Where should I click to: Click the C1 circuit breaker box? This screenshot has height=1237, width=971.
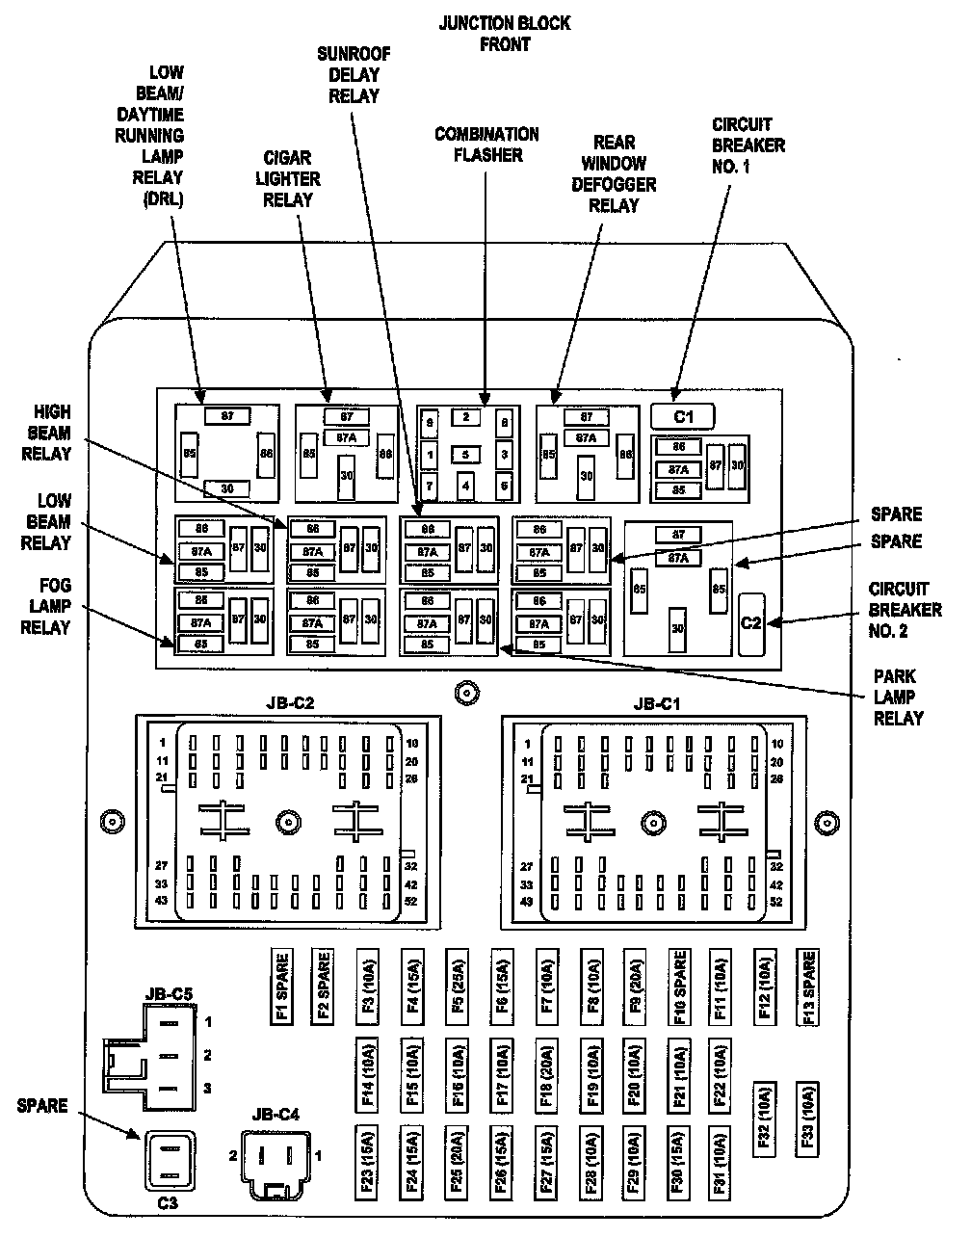[x=683, y=416]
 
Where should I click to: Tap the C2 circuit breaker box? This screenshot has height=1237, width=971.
[x=750, y=622]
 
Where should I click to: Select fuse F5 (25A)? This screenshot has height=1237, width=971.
[x=457, y=987]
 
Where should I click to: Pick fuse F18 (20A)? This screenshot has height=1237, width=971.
[x=545, y=1072]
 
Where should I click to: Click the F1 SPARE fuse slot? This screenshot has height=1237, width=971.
[x=282, y=987]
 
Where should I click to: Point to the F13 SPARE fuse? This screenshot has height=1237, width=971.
[x=808, y=987]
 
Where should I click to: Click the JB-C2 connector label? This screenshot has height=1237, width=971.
[x=289, y=703]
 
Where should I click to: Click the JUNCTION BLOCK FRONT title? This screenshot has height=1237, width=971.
[x=504, y=33]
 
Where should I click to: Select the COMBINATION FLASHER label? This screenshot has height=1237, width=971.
[x=486, y=145]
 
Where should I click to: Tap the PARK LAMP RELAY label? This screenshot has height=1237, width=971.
[x=898, y=697]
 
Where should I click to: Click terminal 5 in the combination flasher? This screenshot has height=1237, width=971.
[x=465, y=455]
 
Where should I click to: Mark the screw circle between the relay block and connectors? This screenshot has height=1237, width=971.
[x=466, y=692]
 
